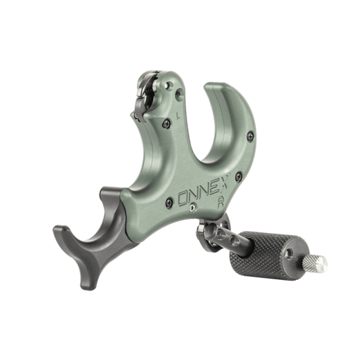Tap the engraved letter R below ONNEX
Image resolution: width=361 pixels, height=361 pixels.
click(x=221, y=203)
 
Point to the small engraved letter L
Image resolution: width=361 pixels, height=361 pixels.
click(x=177, y=115)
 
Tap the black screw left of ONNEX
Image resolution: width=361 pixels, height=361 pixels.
click(x=169, y=203)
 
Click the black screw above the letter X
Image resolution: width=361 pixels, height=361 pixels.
click(x=238, y=176)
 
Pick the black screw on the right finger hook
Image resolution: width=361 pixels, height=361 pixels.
click(x=250, y=136)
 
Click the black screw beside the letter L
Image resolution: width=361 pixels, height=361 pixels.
click(x=166, y=124)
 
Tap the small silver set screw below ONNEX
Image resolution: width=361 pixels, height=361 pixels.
click(x=192, y=208)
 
